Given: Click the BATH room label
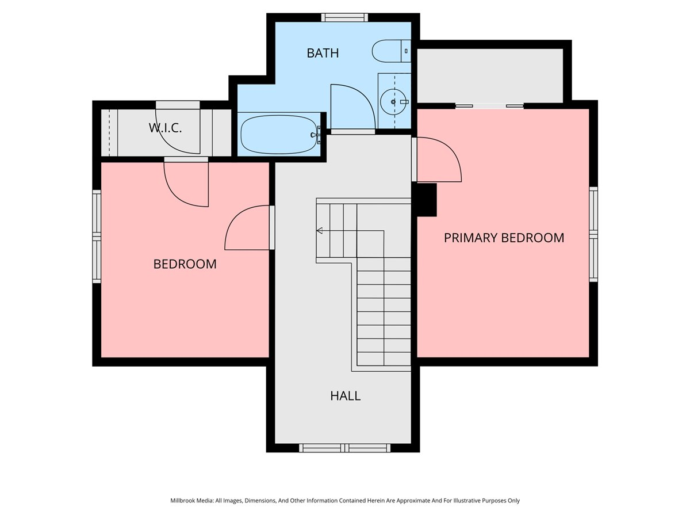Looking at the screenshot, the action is [323, 53].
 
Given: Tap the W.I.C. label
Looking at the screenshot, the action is [166, 128].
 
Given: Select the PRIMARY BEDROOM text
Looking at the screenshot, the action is [504, 238].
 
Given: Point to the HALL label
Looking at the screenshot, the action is [345, 395].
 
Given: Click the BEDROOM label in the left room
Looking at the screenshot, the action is [185, 264].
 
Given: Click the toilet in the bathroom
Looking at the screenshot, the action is [391, 51].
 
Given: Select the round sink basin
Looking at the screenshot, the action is [393, 102].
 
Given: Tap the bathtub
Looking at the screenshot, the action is [279, 134].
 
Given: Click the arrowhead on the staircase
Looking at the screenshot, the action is [319, 231].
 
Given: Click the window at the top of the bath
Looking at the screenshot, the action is [344, 17].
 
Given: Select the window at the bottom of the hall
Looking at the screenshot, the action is [344, 448].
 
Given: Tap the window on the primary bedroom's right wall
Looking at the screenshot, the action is [593, 234].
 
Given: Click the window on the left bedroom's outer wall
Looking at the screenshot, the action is [97, 236].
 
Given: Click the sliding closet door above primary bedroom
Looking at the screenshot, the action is [489, 106].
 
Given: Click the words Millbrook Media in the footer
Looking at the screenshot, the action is [192, 500].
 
